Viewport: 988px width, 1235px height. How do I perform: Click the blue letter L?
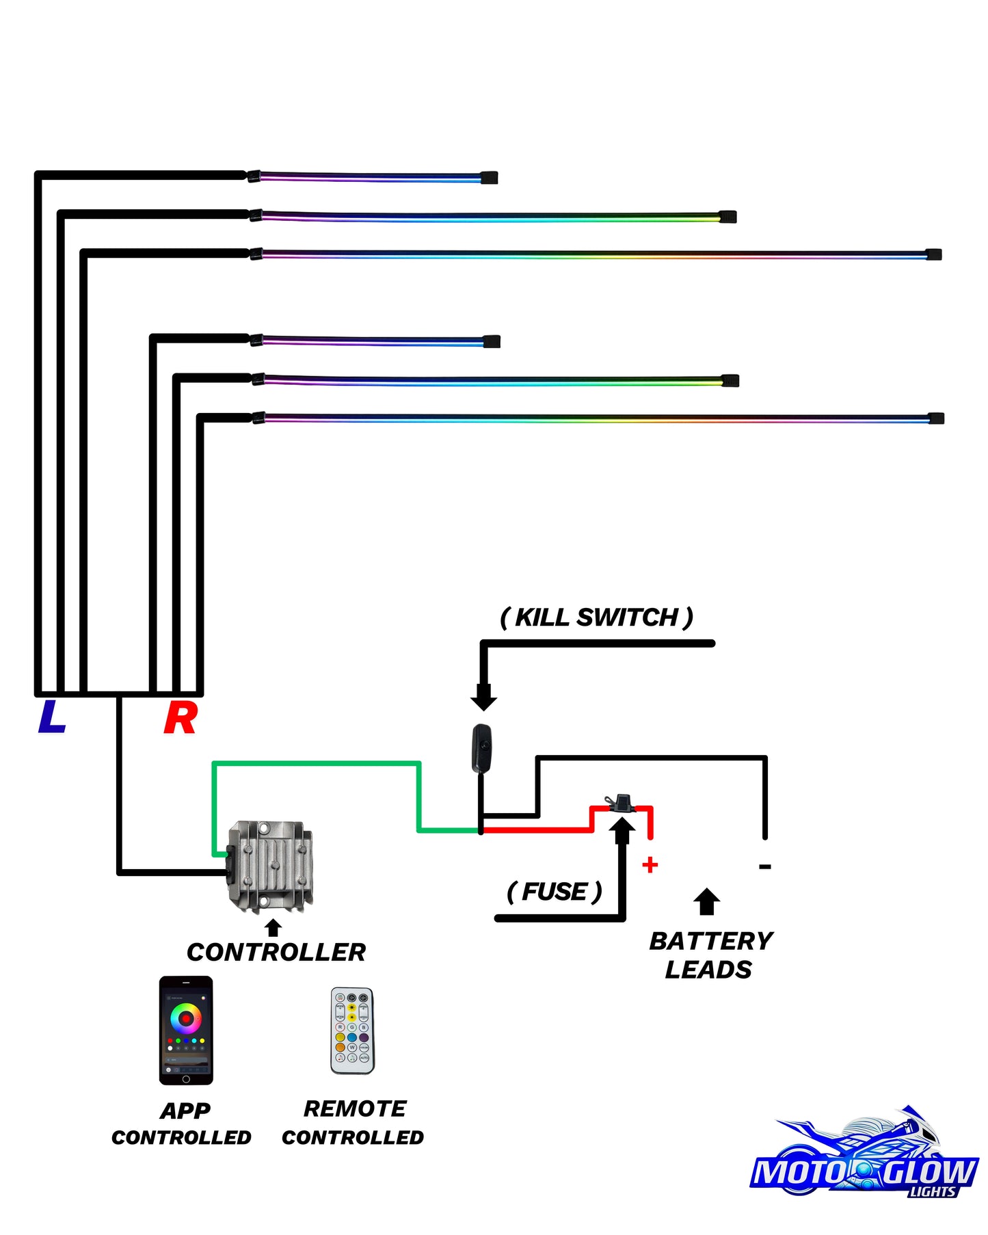(52, 717)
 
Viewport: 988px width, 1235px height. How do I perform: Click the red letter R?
(181, 718)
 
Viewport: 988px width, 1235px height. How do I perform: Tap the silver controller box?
(269, 867)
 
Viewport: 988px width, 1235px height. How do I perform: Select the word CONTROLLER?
(276, 952)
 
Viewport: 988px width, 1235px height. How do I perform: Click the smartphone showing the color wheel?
(186, 1031)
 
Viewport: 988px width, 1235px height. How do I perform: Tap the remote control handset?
(352, 1031)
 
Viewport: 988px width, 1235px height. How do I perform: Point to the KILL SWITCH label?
(597, 617)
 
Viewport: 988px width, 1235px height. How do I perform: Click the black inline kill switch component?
(481, 747)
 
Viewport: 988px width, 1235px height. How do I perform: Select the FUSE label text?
(555, 892)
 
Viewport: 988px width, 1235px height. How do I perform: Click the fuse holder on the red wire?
(622, 803)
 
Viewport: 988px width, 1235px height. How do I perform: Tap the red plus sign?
(650, 865)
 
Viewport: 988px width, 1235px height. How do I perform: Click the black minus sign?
(765, 866)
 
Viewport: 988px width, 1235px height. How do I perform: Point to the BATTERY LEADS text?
(710, 955)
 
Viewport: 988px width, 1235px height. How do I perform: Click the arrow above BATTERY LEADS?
(707, 901)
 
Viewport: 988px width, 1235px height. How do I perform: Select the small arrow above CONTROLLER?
(273, 927)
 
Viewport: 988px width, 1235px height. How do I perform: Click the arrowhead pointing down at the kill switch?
(483, 698)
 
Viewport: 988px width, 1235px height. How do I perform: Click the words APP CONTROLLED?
(182, 1124)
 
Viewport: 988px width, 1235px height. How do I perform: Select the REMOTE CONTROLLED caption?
(353, 1122)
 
